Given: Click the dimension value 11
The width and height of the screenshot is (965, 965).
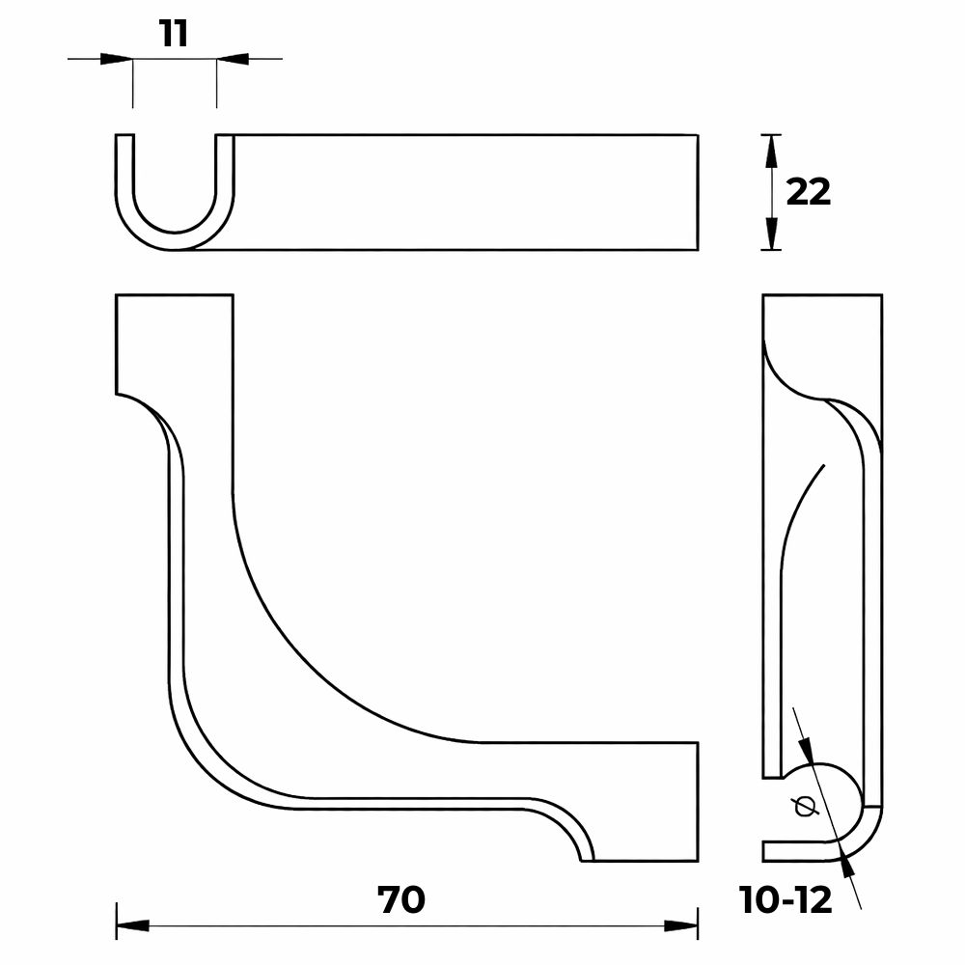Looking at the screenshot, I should [x=174, y=34].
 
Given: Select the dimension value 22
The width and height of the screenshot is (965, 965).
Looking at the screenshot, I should [x=808, y=192].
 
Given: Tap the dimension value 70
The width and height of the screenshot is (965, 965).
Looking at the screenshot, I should [x=401, y=900].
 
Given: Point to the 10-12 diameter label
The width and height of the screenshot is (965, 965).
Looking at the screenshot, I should [x=786, y=901].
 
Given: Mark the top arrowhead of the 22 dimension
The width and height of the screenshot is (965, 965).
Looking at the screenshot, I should [x=771, y=150].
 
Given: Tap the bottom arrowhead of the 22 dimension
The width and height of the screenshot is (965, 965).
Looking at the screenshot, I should [x=771, y=235].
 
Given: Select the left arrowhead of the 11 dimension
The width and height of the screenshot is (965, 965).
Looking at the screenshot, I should [x=116, y=59].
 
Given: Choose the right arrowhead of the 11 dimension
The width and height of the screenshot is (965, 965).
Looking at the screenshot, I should [x=233, y=59].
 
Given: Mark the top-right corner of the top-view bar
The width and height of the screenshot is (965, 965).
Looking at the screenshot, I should [x=697, y=135].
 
